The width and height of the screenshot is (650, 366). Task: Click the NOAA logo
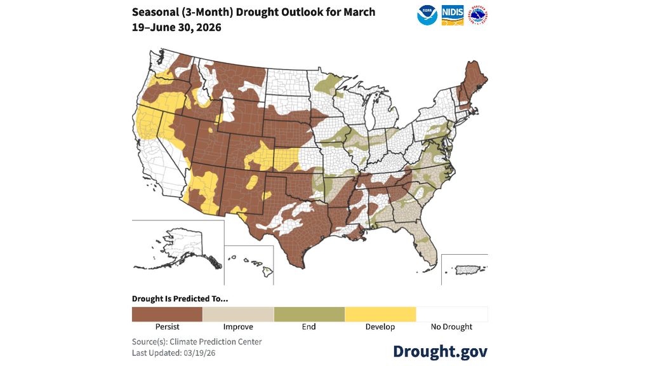(427, 15)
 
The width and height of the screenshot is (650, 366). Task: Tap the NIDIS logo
(453, 15)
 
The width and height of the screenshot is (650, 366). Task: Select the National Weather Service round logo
(477, 15)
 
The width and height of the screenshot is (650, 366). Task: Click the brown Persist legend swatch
(167, 314)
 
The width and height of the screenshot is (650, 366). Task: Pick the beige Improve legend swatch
(238, 314)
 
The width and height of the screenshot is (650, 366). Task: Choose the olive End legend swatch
(309, 314)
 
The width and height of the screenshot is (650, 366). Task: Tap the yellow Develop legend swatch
(380, 314)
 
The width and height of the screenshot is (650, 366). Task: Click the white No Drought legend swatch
(451, 314)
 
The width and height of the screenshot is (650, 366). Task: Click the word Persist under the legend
(167, 327)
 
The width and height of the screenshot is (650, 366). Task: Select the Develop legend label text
(380, 327)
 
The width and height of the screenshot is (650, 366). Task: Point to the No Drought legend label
(451, 327)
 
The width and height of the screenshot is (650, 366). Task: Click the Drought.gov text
(440, 351)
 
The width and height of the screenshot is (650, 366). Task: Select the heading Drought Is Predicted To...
(180, 299)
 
